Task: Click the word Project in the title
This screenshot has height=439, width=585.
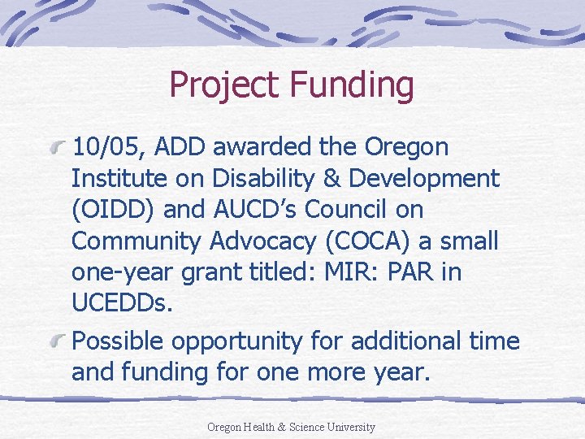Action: (221, 85)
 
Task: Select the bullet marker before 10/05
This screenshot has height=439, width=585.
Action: (58, 148)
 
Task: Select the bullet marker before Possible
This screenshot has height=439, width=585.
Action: (58, 341)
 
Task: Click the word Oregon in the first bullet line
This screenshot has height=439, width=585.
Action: (406, 148)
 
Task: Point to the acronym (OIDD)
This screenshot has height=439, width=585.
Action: (114, 210)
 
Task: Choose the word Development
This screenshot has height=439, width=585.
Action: (431, 179)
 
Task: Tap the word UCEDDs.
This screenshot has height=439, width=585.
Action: (123, 302)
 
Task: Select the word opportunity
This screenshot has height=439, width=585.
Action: (245, 341)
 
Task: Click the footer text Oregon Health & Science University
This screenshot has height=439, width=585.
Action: (291, 427)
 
